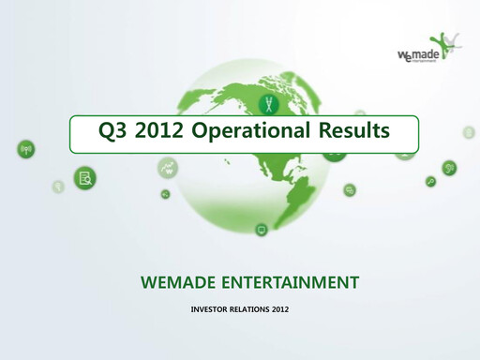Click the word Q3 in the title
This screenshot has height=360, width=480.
pos(115,131)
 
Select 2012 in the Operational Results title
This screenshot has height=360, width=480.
pos(159,131)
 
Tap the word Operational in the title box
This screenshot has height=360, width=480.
pos(248,131)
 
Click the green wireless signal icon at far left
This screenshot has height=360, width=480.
pos(25,149)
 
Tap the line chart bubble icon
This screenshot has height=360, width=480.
pos(169,169)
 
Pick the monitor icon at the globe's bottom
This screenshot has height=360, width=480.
pos(261,229)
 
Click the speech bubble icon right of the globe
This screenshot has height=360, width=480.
pos(350,190)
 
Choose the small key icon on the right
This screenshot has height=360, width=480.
pos(430,181)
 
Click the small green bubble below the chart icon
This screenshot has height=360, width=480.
pos(165,194)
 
